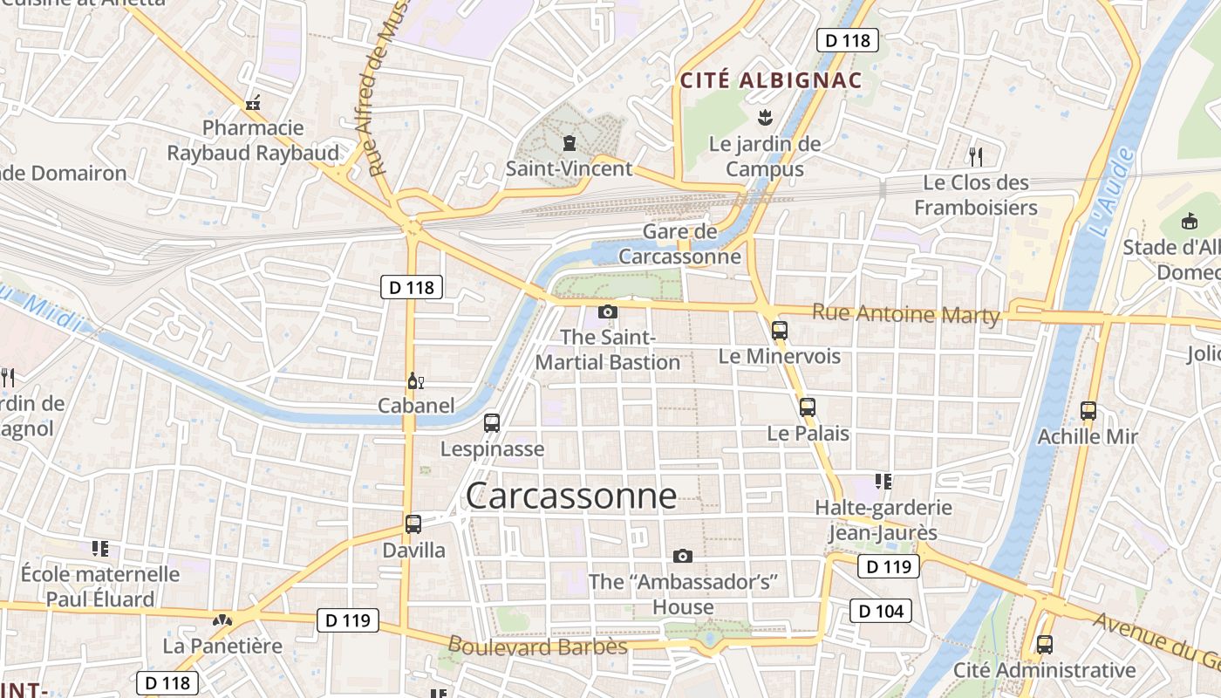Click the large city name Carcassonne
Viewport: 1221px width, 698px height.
coord(571,496)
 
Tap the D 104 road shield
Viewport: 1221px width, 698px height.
coord(881,611)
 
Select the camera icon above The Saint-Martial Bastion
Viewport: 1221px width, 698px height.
coord(608,311)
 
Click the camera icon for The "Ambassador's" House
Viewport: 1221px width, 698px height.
coord(683,556)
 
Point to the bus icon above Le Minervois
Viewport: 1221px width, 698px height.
coord(780,331)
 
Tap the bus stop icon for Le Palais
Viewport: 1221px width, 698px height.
coord(808,407)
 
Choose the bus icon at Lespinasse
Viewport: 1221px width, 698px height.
coord(492,423)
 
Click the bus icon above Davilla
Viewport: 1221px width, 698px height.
coord(413,524)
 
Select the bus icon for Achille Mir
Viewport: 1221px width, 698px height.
coord(1088,411)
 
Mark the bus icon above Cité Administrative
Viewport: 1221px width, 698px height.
coord(1045,645)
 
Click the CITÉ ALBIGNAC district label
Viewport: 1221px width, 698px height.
coord(771,81)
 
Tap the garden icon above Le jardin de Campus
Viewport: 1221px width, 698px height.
coord(765,117)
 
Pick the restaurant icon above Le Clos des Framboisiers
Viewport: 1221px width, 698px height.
coord(976,157)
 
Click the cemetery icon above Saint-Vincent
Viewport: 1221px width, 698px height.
coord(570,142)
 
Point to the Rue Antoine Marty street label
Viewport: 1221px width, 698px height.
coord(905,314)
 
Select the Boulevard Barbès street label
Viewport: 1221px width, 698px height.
coord(537,647)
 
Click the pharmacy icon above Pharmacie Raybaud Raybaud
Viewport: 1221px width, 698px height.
coord(254,104)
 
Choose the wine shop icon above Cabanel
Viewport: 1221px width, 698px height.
coord(416,381)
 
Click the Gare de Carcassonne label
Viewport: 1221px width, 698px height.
coord(680,244)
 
